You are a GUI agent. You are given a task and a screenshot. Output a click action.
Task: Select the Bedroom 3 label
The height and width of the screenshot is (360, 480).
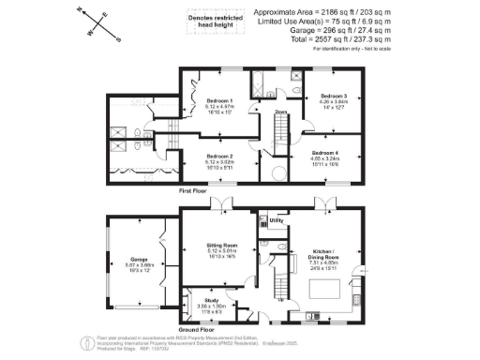[x=335, y=97]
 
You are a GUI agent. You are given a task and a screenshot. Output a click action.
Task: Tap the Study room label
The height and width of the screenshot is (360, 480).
[x=210, y=300]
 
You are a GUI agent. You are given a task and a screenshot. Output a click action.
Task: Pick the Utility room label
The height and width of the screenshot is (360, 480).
[x=277, y=221]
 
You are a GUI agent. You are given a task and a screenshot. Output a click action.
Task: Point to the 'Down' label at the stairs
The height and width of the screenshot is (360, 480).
[x=280, y=112]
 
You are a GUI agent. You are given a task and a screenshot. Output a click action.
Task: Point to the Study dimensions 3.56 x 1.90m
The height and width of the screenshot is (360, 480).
[x=210, y=306]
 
